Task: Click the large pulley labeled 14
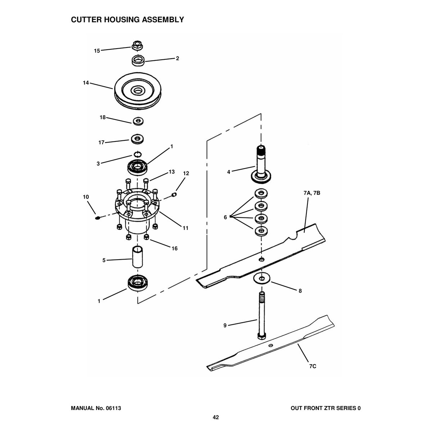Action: click(x=138, y=91)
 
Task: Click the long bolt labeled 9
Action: click(x=261, y=315)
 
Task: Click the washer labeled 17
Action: click(x=137, y=138)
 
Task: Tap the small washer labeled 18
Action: click(x=137, y=121)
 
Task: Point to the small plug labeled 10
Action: click(x=97, y=217)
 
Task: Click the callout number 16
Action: click(x=174, y=248)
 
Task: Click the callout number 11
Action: click(x=185, y=228)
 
